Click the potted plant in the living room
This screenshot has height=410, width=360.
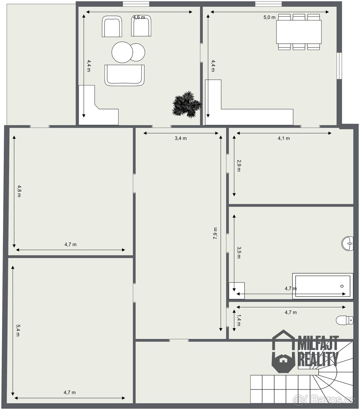tap(186, 105)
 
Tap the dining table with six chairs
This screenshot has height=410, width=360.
tap(299, 32)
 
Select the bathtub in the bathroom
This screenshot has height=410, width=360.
tap(322, 286)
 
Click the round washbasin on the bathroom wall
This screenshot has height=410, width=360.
tap(347, 244)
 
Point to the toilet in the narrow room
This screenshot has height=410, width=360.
tap(345, 320)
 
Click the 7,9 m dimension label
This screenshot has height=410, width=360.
tap(215, 233)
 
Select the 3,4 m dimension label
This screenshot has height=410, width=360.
tap(181, 138)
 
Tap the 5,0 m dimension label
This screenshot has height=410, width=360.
tap(269, 17)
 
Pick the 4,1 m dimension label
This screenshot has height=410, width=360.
tap(284, 138)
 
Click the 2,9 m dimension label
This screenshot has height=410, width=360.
tap(239, 166)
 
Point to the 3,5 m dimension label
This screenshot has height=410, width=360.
tap(239, 252)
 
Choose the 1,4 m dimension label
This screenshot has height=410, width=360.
tap(239, 320)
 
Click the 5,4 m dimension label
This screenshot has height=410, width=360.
tap(18, 330)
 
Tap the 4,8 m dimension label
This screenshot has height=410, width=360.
tap(19, 191)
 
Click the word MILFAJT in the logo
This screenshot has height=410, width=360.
tap(318, 343)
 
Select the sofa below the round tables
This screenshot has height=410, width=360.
tap(124, 75)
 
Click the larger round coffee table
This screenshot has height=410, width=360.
tap(122, 52)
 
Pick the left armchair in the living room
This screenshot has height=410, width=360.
tap(112, 26)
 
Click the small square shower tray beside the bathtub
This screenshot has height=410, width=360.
tap(237, 291)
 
